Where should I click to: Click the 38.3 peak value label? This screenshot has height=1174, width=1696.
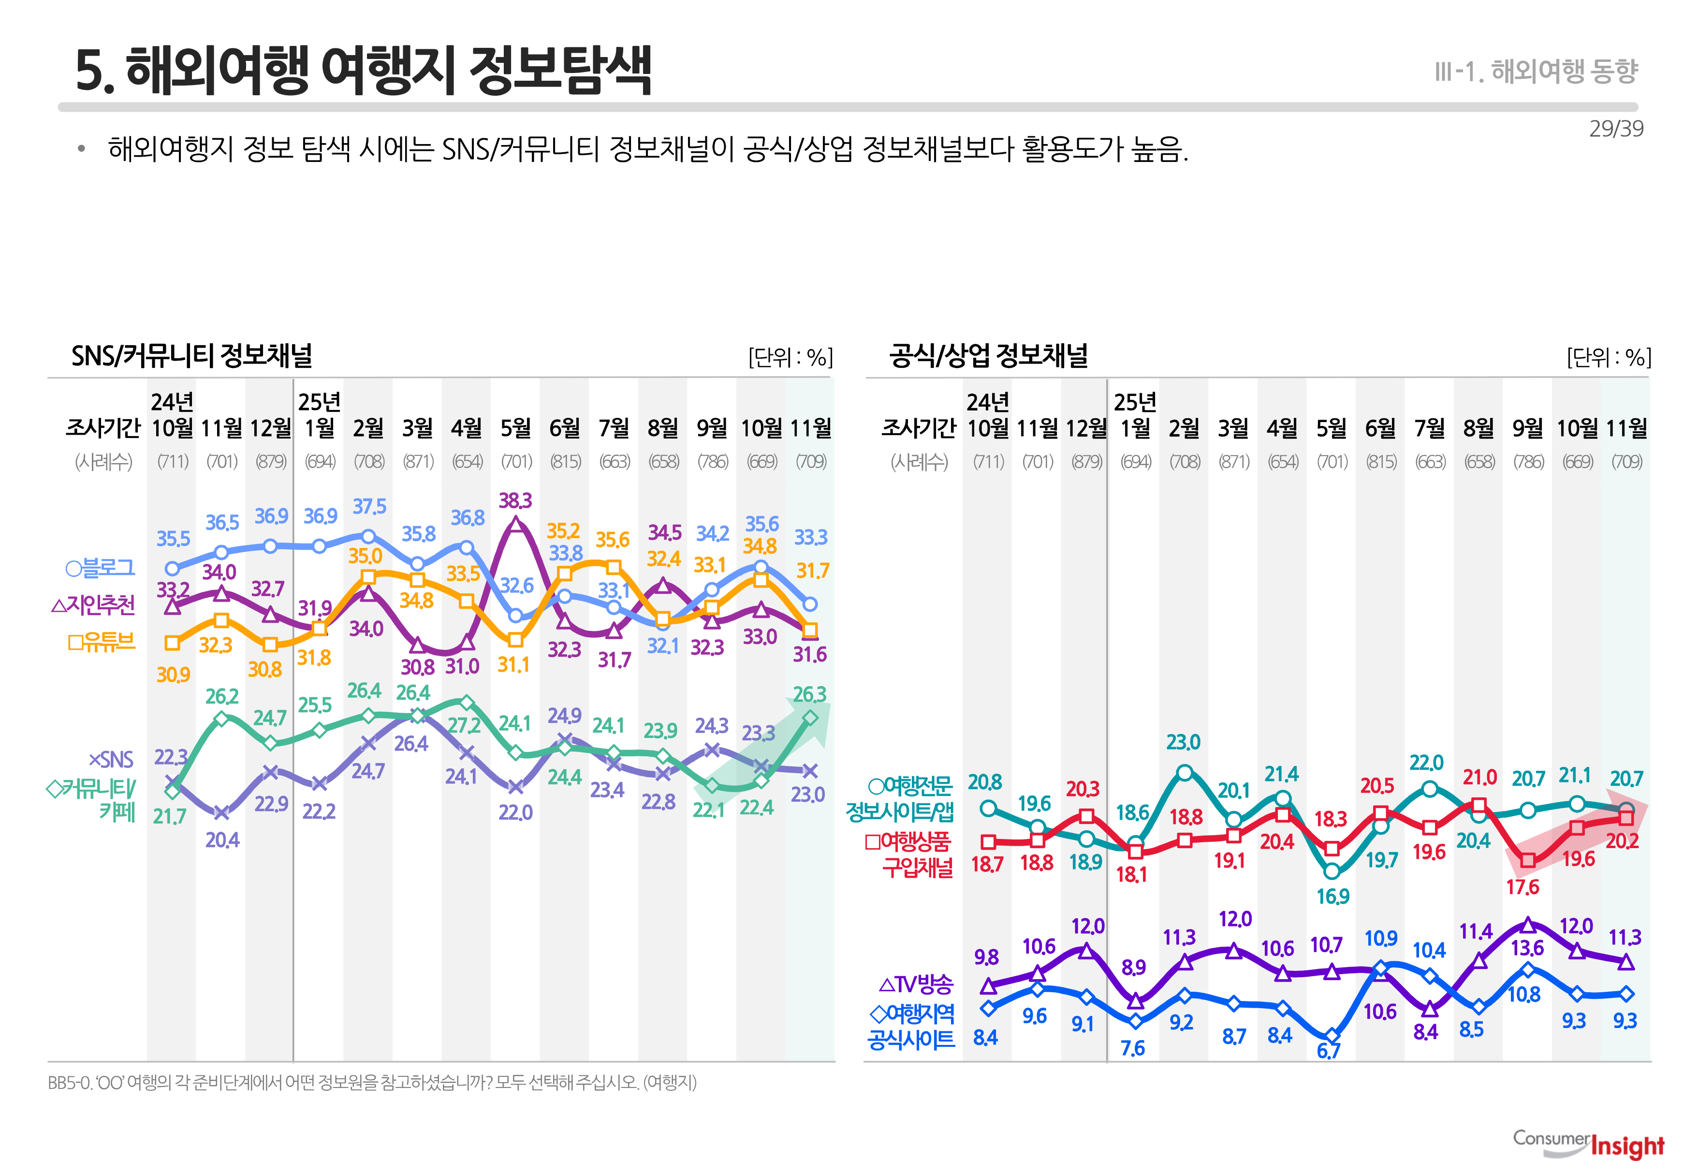(x=515, y=501)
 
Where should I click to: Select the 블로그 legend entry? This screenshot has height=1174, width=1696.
(x=101, y=568)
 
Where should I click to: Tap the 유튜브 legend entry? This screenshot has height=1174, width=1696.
(x=102, y=642)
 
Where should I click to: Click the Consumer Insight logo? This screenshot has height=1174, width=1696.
(x=1589, y=1144)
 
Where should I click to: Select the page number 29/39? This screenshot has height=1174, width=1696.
(x=1616, y=129)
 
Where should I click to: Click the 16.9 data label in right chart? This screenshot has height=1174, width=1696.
(x=1333, y=896)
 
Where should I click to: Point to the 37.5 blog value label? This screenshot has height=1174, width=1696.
(x=369, y=507)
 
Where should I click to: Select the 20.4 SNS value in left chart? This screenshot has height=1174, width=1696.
(x=222, y=840)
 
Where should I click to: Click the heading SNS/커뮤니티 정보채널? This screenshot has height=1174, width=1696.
(x=192, y=356)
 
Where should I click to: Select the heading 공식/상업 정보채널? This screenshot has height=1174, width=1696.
(x=989, y=356)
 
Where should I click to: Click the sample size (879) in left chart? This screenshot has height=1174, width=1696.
(x=271, y=462)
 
